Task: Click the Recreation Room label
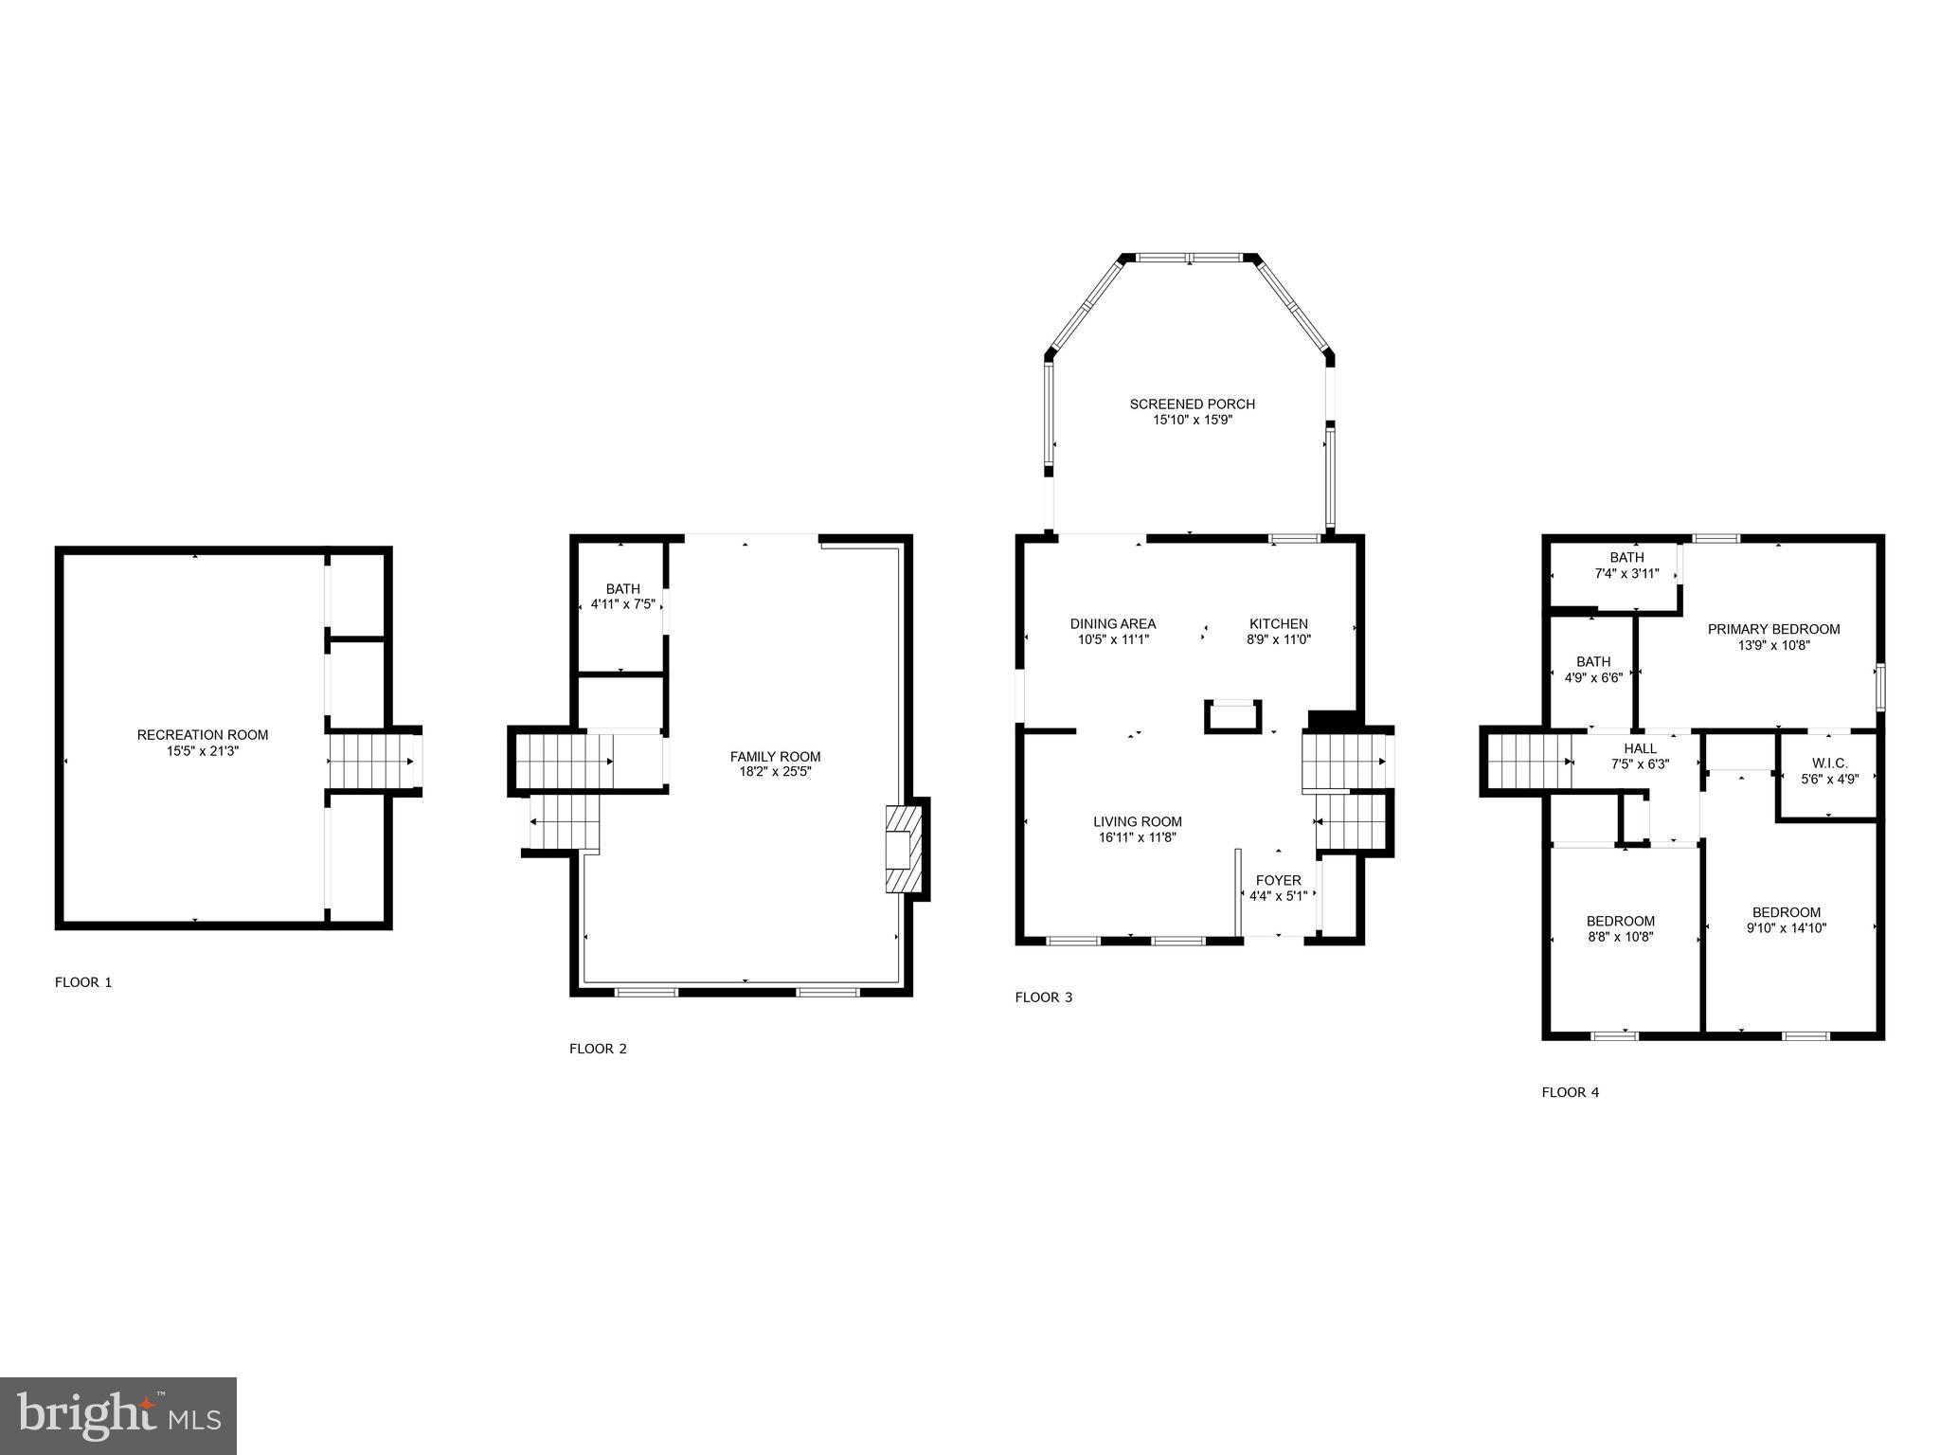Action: [203, 734]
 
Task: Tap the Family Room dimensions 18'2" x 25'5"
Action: [775, 771]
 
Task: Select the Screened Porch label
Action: [1192, 404]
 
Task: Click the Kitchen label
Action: [1278, 623]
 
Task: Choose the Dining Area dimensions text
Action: [1113, 639]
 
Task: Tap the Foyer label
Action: [1278, 880]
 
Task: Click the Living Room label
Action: [1137, 821]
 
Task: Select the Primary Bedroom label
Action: [1773, 629]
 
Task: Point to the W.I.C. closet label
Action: [1828, 763]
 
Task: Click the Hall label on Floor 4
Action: [1640, 748]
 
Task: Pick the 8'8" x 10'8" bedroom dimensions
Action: [1621, 937]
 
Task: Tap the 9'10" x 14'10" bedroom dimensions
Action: [1786, 928]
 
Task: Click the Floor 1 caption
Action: [83, 982]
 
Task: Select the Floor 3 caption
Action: [1043, 997]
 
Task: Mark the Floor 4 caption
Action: [1570, 1092]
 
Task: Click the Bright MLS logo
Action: [118, 1415]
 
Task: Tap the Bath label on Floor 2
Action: [622, 588]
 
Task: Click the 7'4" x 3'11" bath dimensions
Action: [1626, 573]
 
